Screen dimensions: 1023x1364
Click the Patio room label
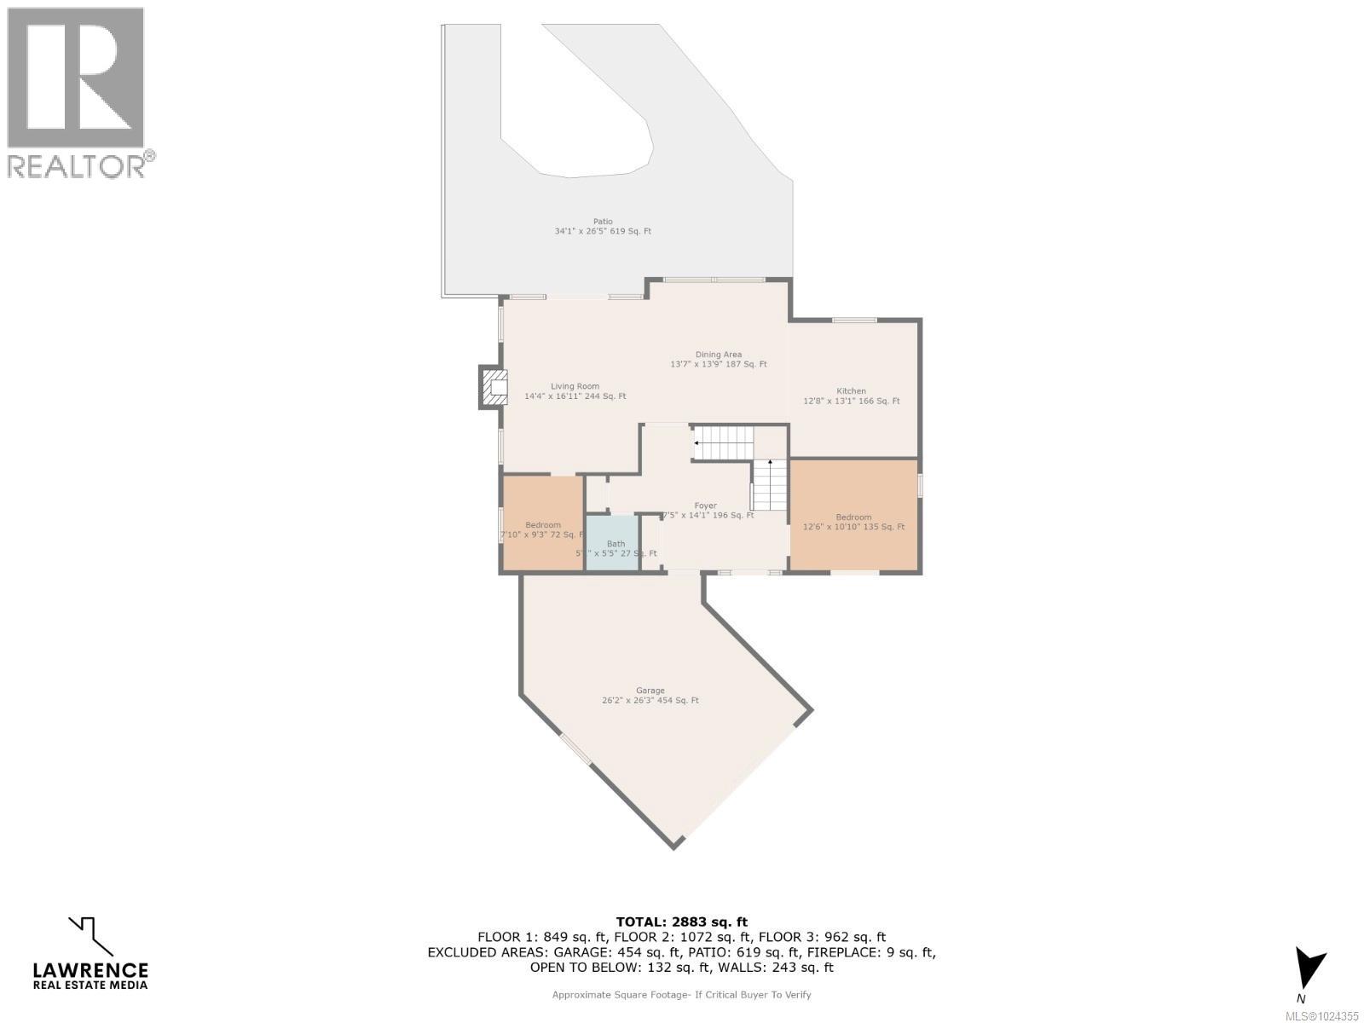pos(603,226)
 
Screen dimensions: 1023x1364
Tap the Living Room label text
pos(575,391)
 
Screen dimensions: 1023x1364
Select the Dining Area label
pos(719,359)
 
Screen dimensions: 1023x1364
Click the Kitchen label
pos(851,396)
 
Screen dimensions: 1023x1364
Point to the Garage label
pos(650,696)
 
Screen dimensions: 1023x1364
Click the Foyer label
pos(705,511)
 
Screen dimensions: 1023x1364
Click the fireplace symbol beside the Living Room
pos(493,388)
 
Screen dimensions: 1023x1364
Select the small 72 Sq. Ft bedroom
pos(542,524)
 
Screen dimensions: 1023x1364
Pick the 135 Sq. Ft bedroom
pos(853,516)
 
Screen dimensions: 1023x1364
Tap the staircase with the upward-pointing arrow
pos(770,485)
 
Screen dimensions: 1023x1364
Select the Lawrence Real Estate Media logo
pos(90,953)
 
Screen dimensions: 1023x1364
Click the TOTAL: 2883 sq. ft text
pos(681,922)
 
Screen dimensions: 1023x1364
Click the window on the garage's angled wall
pos(575,749)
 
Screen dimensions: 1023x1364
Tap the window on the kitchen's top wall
pos(854,320)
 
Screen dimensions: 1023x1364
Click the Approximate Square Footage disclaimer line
pos(681,994)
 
